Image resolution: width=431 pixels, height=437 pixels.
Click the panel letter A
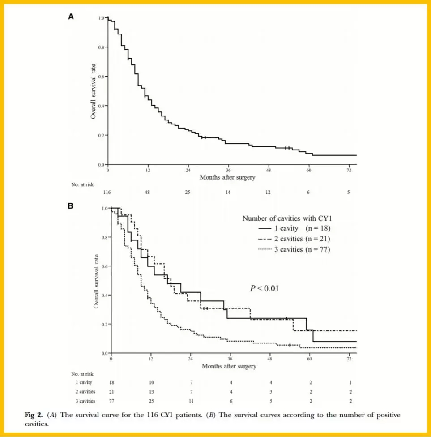click(71, 17)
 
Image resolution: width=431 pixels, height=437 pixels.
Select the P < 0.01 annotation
click(264, 288)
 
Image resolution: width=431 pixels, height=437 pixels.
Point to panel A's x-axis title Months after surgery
click(227, 177)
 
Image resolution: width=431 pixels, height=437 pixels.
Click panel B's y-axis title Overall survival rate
click(96, 281)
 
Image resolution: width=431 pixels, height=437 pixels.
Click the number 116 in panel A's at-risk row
click(107, 192)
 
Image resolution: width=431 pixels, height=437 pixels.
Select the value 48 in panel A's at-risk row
click(147, 192)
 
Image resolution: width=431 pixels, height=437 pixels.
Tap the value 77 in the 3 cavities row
click(111, 401)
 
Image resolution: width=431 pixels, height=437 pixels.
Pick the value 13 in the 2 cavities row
click(151, 392)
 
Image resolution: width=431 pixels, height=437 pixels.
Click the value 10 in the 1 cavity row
click(151, 382)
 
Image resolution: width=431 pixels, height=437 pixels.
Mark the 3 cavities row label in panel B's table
click(85, 401)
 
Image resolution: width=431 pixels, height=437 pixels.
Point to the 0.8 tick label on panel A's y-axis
click(102, 47)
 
